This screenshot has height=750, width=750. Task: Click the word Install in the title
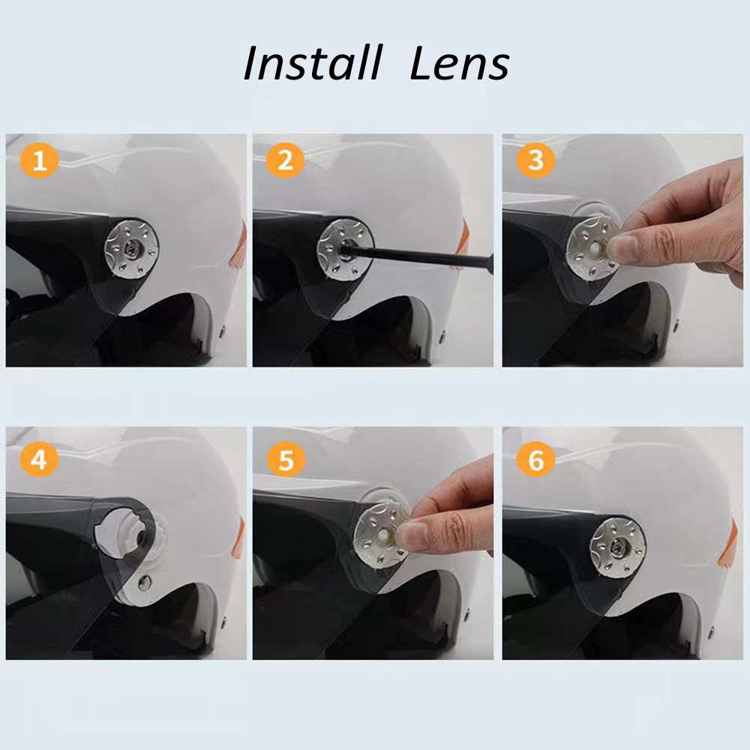point(313,63)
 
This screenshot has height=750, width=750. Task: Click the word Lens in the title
point(460,63)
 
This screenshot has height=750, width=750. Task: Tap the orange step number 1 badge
point(39,160)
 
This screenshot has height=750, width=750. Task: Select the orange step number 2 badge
point(285,160)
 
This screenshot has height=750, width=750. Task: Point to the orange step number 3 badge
point(535,160)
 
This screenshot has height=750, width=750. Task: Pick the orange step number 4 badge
point(39,459)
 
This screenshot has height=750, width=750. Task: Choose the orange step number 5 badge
point(286,459)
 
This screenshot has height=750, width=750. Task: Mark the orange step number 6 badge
point(535,459)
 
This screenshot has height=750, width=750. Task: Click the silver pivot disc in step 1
point(131,248)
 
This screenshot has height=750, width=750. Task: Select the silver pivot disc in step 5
point(381,532)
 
